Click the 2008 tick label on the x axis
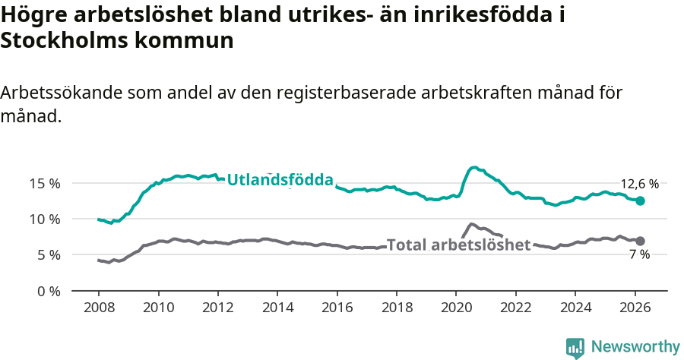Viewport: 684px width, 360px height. point(99,309)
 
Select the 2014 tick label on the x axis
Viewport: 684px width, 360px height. point(277,309)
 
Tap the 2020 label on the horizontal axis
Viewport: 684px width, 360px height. point(455,309)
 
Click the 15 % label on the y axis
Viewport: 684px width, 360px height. point(45,183)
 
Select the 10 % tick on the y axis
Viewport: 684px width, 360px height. point(45,219)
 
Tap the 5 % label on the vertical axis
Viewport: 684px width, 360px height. point(48,254)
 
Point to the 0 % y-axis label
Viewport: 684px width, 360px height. point(48,291)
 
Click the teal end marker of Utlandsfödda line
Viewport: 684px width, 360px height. point(640,201)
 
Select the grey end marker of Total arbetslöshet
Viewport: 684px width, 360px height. point(640,241)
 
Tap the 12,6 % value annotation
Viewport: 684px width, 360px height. point(639,184)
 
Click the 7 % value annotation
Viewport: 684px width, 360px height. point(639,255)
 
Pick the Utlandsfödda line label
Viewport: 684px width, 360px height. point(280,180)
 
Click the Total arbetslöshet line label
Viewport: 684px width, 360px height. point(458,245)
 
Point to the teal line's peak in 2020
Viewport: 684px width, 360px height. point(474,167)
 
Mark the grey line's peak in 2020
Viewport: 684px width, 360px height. point(471,224)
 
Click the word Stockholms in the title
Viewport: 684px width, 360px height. point(62,41)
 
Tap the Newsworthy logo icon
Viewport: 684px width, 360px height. point(575,348)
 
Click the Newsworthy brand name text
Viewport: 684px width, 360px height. point(635,347)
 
